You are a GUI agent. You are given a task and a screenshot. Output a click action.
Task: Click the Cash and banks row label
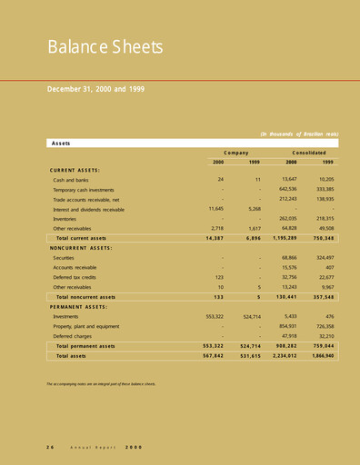tap(75, 180)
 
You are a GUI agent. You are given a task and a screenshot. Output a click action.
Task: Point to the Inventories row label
tap(66, 218)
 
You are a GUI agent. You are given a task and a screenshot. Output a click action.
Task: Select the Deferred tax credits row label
tap(80, 277)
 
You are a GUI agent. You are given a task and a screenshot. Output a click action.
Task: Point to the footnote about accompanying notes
tap(101, 384)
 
